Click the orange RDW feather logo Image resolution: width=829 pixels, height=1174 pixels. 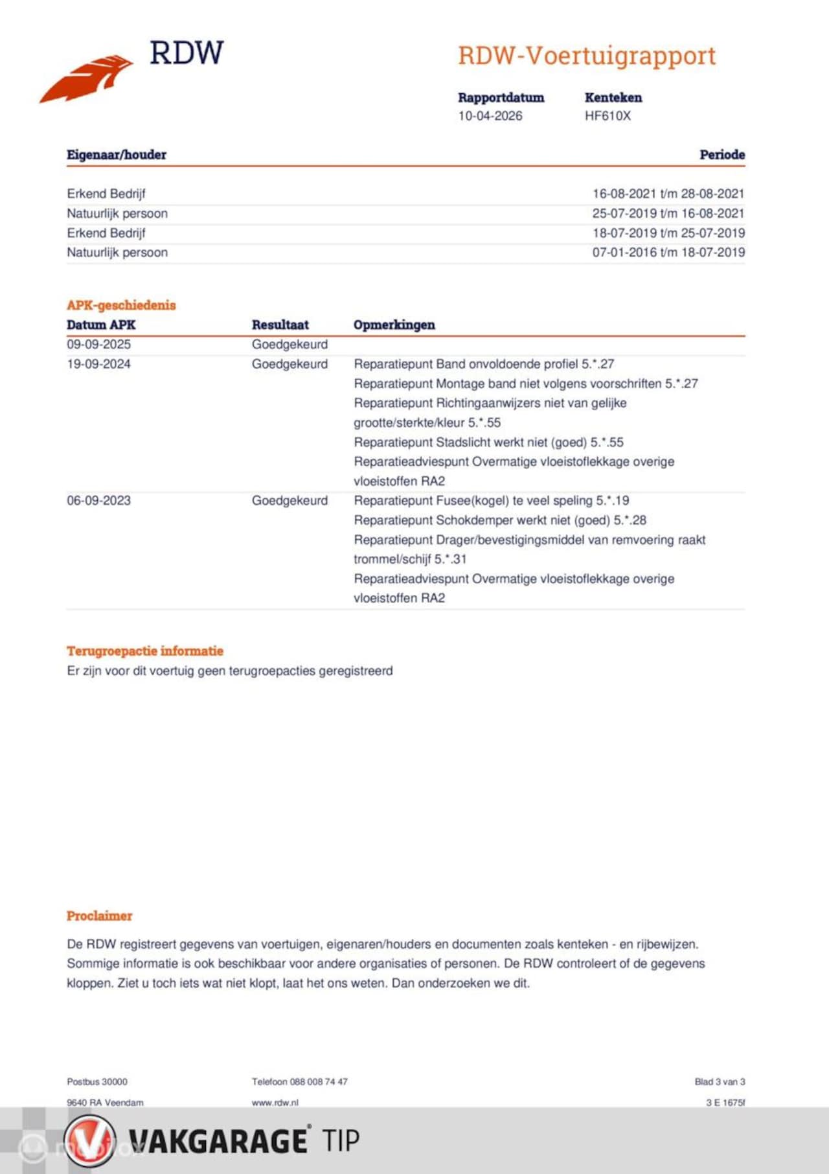point(87,78)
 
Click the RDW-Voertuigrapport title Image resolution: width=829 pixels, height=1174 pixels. point(587,56)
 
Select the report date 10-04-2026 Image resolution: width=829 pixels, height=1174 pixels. point(490,116)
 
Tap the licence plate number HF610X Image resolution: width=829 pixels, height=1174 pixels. point(607,116)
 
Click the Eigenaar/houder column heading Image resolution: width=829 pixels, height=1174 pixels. point(117,155)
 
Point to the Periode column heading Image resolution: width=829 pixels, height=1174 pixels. point(721,155)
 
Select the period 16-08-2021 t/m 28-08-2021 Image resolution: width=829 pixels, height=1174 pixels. point(668,194)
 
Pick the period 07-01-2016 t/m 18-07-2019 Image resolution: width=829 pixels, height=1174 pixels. point(668,252)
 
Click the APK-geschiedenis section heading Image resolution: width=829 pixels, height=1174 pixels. point(121,305)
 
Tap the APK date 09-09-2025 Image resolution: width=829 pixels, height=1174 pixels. point(98,344)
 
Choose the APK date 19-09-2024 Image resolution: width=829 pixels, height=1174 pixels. point(98,364)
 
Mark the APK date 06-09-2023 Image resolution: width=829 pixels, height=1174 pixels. point(98,500)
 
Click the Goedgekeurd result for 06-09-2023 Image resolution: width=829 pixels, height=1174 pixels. point(290,500)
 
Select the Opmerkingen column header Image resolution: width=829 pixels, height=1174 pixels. point(394,325)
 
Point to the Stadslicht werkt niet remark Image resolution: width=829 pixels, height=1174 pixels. point(488,443)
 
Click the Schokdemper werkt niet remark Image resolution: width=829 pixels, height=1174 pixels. point(499,520)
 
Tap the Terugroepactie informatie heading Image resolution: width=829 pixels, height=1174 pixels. point(144,651)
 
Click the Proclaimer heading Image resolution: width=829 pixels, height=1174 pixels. point(99,916)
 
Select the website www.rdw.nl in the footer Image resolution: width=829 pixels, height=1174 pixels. point(275,1102)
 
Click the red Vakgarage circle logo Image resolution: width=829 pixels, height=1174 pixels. point(90,1140)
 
